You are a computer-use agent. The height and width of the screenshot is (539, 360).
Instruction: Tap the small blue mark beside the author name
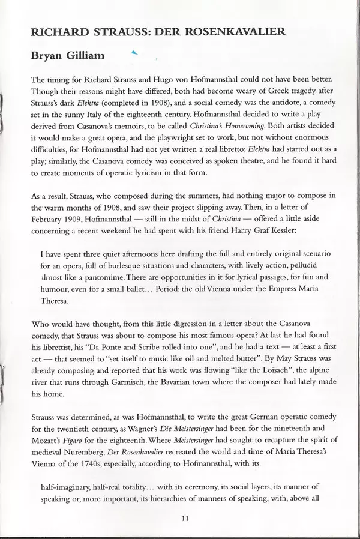pos(134,53)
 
